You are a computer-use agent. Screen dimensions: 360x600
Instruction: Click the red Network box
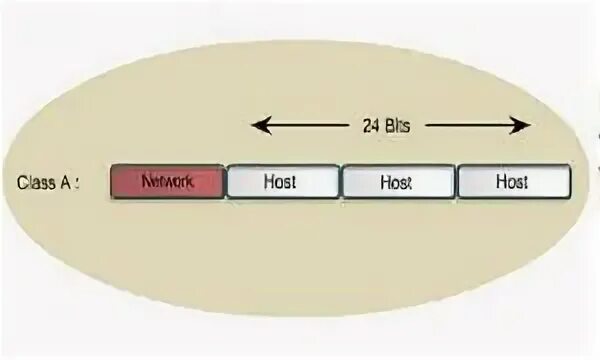[x=168, y=182]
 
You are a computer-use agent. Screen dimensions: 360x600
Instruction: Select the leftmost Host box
[x=283, y=182]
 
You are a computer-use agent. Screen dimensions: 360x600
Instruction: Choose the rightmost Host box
[x=514, y=182]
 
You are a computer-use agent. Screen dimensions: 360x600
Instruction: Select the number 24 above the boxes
[x=370, y=126]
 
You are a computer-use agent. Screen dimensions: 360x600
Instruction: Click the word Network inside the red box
[x=168, y=182]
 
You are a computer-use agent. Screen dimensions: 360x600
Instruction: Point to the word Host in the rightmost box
[x=512, y=182]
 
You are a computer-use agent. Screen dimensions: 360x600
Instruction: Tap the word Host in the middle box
[x=396, y=182]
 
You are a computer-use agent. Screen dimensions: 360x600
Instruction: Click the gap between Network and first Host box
[x=226, y=182]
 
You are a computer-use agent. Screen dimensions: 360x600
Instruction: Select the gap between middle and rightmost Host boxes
[x=456, y=182]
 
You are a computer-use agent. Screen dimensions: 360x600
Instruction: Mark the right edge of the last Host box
[x=570, y=182]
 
